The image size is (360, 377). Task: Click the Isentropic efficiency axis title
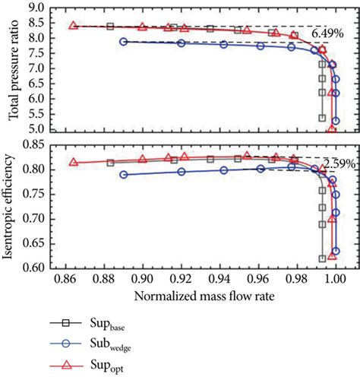pos(13,204)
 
